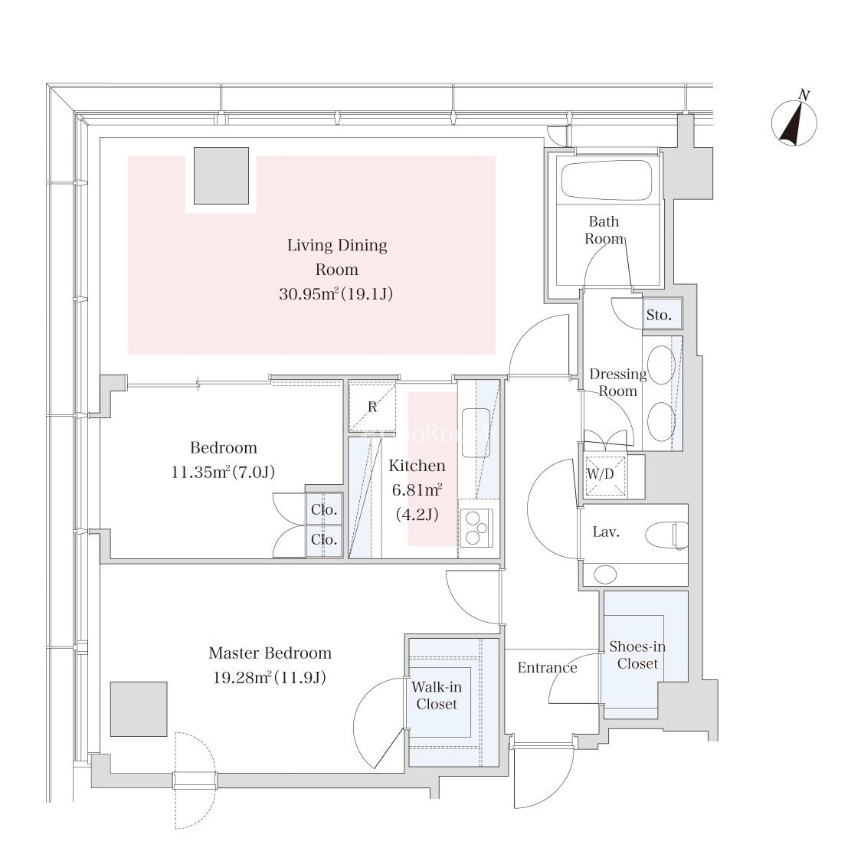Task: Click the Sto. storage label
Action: click(x=659, y=315)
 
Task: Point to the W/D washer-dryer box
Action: click(x=601, y=474)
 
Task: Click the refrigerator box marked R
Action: click(x=372, y=407)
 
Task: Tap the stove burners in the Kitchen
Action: click(x=478, y=529)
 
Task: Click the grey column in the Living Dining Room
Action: click(x=221, y=176)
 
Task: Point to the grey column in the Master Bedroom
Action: click(x=138, y=709)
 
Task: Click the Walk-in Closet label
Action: click(x=437, y=695)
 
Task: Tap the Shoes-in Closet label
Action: click(x=637, y=655)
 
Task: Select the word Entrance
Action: click(x=547, y=667)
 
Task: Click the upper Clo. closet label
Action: click(x=324, y=509)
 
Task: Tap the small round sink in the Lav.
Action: click(x=605, y=574)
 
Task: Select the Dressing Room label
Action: click(x=617, y=382)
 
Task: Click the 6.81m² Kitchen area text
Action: click(x=417, y=490)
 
